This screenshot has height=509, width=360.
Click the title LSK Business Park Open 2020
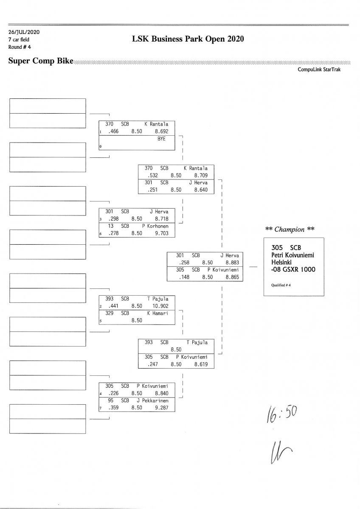coord(188,39)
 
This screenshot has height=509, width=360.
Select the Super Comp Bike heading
coord(41,61)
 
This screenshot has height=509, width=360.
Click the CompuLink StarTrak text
coord(322,70)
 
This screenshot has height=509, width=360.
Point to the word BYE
coord(161,139)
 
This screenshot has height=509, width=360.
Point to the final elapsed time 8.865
coord(232,277)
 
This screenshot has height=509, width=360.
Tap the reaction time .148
coord(183,277)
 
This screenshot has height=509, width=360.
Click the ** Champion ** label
coord(290,229)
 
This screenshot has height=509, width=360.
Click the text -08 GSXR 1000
coord(293,269)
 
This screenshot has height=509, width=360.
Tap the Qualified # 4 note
coord(281,285)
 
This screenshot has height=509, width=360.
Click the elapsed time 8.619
coord(201,364)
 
